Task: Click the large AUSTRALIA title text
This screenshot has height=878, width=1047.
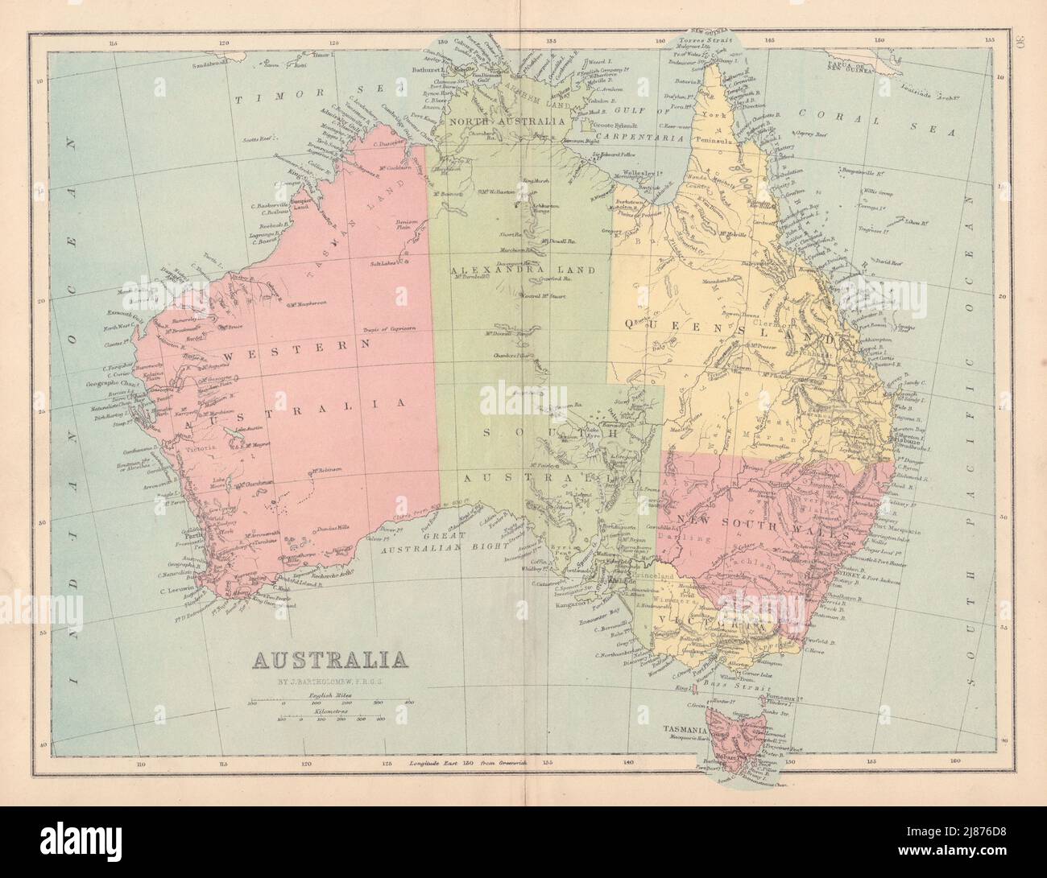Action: (x=329, y=661)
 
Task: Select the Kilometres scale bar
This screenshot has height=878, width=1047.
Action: (x=330, y=719)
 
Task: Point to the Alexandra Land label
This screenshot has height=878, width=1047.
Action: (x=519, y=270)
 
